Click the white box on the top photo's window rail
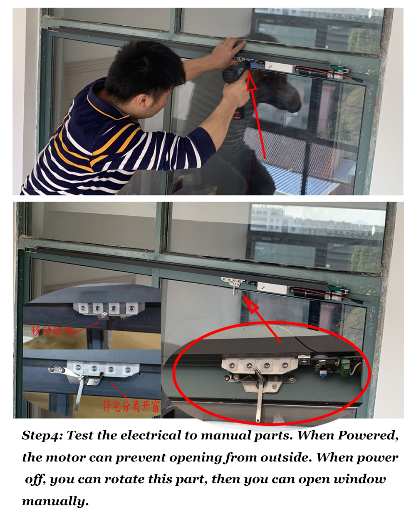click(280, 66)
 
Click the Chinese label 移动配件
click(52, 330)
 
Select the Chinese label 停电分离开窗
click(131, 406)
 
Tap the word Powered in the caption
click(368, 435)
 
